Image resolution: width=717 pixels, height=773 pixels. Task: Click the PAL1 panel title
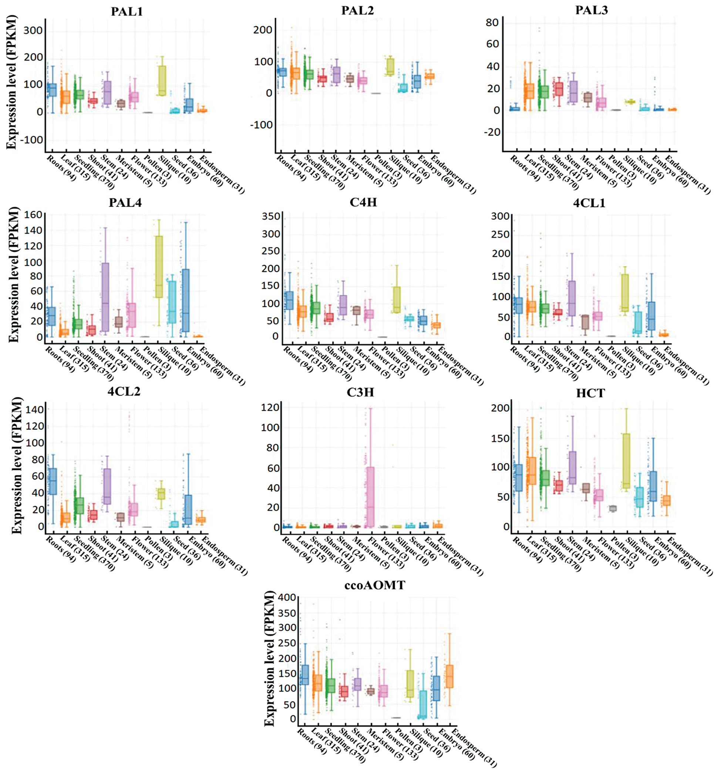127,11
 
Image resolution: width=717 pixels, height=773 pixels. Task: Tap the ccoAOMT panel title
374,585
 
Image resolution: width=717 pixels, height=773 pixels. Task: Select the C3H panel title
360,392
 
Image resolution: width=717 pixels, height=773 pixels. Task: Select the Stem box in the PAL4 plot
105,296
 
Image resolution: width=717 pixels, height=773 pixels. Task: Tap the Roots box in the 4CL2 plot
53,481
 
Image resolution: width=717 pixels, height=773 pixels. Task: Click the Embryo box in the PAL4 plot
185,300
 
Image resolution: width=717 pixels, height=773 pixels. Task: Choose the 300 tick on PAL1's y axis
33,31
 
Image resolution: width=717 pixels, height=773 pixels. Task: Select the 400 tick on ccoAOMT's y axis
287,598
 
